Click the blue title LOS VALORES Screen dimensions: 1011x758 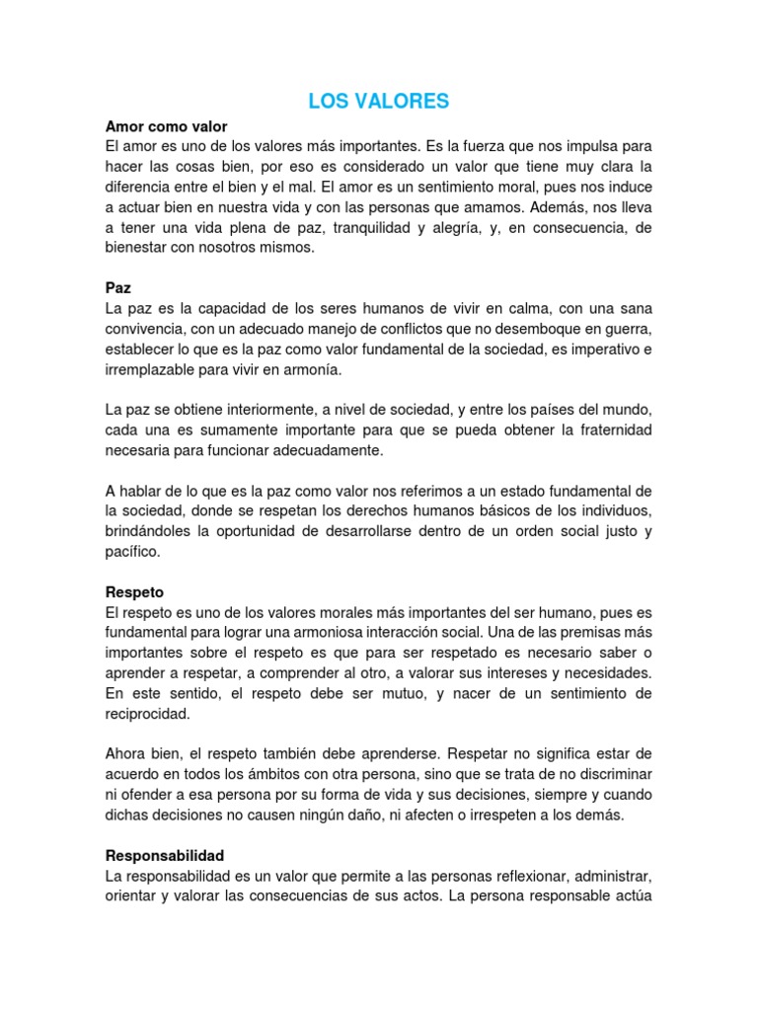click(379, 101)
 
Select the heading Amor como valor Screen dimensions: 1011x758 click(166, 127)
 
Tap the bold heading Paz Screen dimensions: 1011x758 click(117, 287)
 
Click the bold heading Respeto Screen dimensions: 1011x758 click(134, 592)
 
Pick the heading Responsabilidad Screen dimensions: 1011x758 click(165, 855)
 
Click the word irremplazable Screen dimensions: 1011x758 click(158, 369)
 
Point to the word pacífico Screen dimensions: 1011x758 click(131, 553)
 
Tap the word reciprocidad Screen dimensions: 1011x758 click(147, 714)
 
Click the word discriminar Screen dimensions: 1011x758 click(607, 775)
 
